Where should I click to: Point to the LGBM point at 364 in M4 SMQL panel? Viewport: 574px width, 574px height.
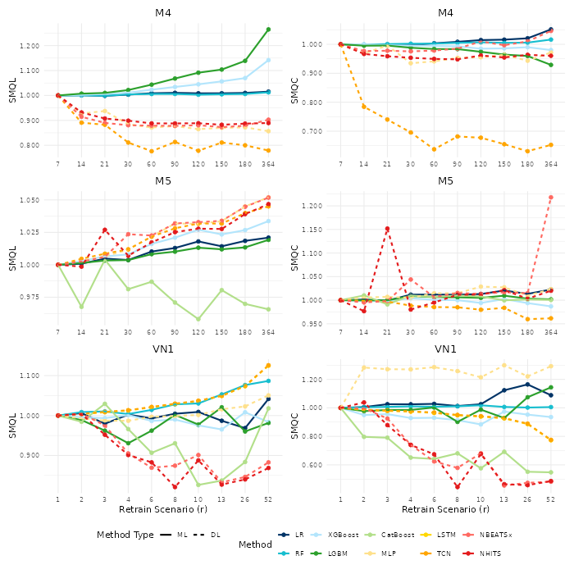pos(268,30)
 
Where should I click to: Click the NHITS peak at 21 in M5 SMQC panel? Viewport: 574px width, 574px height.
pos(387,229)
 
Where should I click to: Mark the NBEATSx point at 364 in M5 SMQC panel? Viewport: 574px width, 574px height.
pos(551,198)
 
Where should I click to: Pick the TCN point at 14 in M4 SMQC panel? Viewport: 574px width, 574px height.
pos(364,107)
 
